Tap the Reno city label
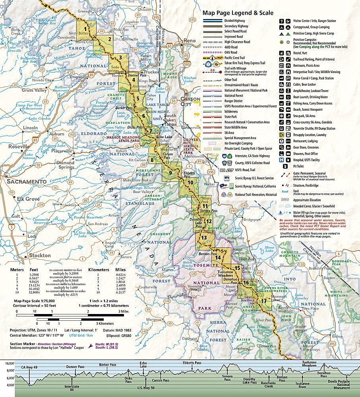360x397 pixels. tap(190, 41)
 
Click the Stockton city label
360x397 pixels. tap(40, 255)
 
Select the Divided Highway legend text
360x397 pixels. tap(235, 21)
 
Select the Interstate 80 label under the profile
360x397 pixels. tap(72, 387)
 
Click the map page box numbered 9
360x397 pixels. tap(170, 172)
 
